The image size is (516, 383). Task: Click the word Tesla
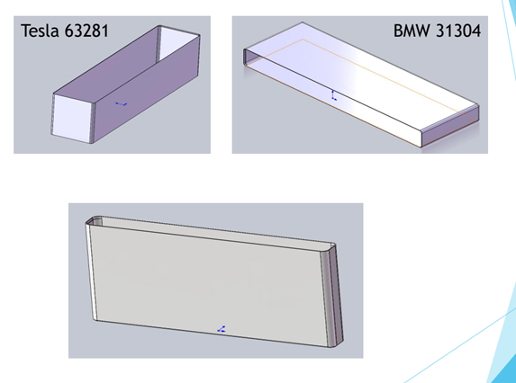(x=40, y=31)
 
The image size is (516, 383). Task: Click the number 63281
(x=86, y=31)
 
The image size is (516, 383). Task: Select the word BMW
(x=412, y=31)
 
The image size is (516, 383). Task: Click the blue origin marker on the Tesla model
(x=121, y=104)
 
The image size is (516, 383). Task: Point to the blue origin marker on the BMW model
(x=334, y=95)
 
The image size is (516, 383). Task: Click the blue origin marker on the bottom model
(x=222, y=329)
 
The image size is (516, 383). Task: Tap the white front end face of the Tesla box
(x=72, y=119)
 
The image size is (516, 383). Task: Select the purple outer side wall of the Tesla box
(x=148, y=89)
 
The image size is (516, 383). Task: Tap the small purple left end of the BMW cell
(x=249, y=57)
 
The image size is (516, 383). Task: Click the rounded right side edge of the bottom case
(x=331, y=296)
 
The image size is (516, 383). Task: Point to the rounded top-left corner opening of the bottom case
(x=94, y=221)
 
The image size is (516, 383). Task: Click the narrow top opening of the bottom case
(x=211, y=233)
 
